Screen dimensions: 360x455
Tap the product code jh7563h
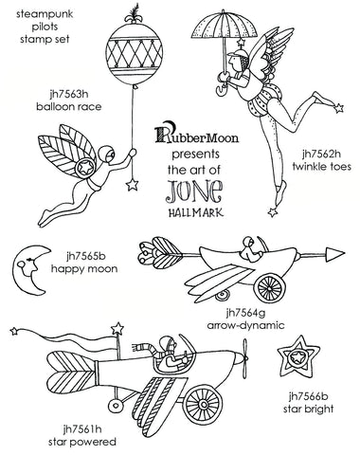point(69,94)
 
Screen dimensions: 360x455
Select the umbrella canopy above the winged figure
point(224,26)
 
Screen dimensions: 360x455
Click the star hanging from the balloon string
point(132,185)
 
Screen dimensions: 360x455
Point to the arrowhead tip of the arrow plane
point(345,253)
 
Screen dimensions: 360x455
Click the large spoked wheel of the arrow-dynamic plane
point(269,287)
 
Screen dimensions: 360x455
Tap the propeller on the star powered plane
point(244,358)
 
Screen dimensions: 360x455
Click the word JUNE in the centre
point(195,191)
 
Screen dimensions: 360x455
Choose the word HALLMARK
point(196,212)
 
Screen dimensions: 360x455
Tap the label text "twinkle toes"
point(321,166)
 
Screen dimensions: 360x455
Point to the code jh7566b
point(309,396)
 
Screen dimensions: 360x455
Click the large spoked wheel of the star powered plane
point(202,404)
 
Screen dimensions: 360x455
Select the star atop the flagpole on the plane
point(117,329)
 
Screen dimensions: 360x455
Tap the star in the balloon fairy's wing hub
point(85,167)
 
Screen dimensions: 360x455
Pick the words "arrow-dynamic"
point(246,325)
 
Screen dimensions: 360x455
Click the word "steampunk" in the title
point(45,15)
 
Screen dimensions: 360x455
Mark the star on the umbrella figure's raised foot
point(338,108)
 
